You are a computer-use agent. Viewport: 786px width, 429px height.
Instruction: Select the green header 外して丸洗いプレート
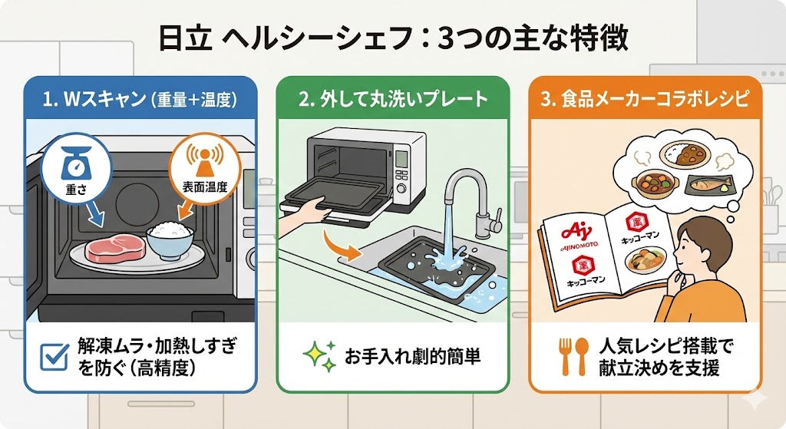[x=392, y=98]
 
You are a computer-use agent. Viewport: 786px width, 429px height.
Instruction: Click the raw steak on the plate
[x=114, y=249]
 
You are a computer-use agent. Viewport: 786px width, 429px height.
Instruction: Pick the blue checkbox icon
[x=54, y=355]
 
